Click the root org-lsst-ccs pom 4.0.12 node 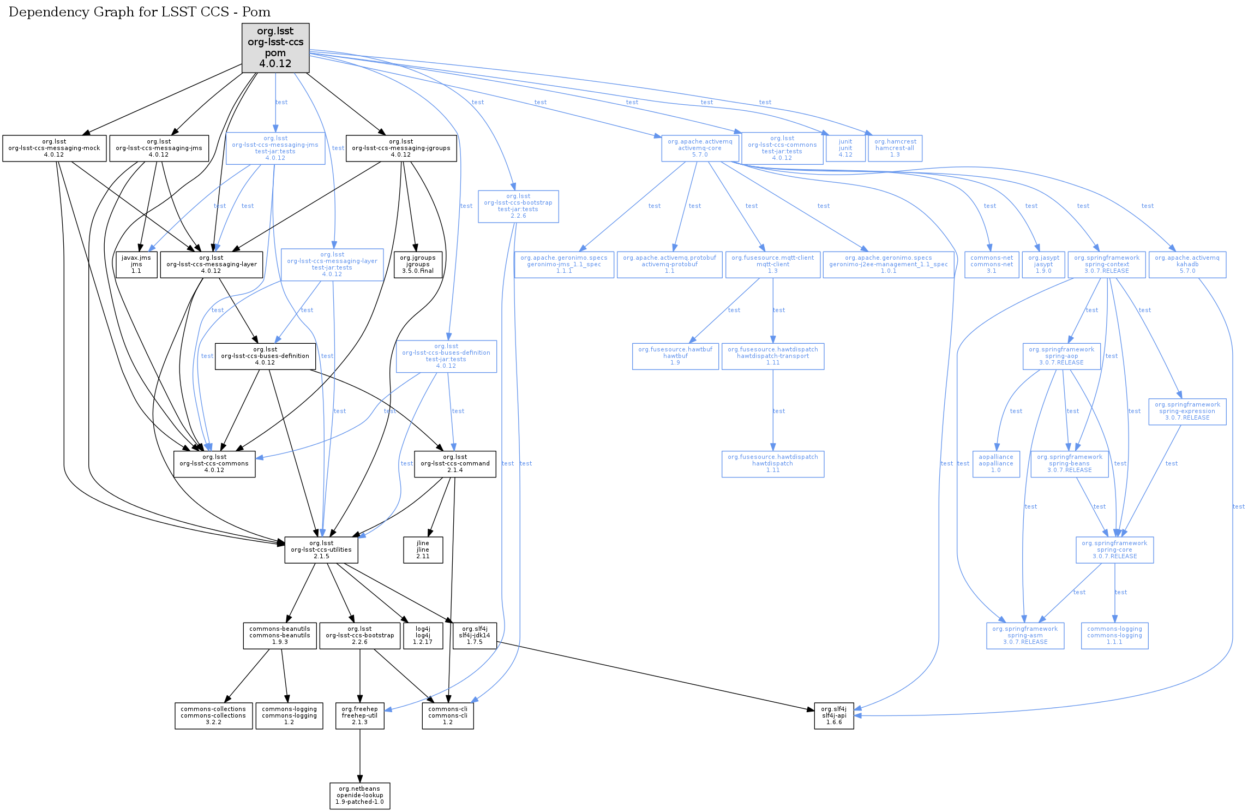pyautogui.click(x=275, y=47)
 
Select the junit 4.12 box pyautogui.click(x=845, y=148)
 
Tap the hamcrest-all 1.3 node pyautogui.click(x=895, y=148)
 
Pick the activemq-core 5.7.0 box pyautogui.click(x=700, y=148)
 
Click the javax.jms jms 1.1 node pyautogui.click(x=136, y=265)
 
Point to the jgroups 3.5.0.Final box pyautogui.click(x=418, y=265)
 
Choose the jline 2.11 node pyautogui.click(x=423, y=550)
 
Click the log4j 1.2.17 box pyautogui.click(x=423, y=636)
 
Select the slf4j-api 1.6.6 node pyautogui.click(x=834, y=716)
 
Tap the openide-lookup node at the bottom pyautogui.click(x=360, y=796)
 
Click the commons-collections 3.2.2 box pyautogui.click(x=213, y=716)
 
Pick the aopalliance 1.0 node pyautogui.click(x=996, y=464)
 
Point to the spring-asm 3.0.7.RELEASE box pyautogui.click(x=1025, y=636)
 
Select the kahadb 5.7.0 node pyautogui.click(x=1187, y=265)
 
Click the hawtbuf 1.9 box pyautogui.click(x=675, y=356)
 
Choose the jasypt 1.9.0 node pyautogui.click(x=1043, y=265)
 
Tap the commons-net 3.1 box pyautogui.click(x=992, y=265)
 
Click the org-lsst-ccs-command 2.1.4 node pyautogui.click(x=455, y=464)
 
